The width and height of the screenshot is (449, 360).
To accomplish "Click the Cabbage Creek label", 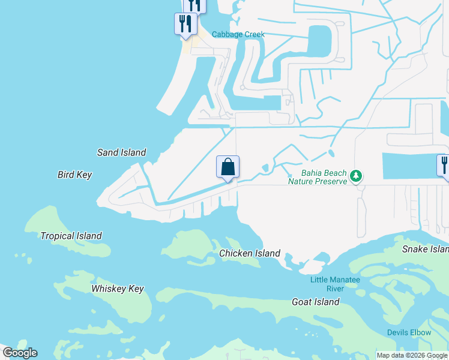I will (x=238, y=34).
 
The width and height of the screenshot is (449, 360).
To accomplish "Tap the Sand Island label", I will (x=121, y=152).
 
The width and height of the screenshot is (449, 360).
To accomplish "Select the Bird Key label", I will (x=74, y=175).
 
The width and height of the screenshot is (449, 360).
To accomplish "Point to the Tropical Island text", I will (x=71, y=236).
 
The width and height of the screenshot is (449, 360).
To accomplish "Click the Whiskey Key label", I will (x=118, y=289).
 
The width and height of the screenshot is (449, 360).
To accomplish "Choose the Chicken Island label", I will (x=250, y=253).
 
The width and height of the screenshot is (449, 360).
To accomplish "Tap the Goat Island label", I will (x=315, y=302).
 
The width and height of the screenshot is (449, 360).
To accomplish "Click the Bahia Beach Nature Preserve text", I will (x=318, y=177).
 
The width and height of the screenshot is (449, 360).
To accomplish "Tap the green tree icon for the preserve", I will (x=357, y=176).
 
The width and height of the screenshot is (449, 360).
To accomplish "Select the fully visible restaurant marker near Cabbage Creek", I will (x=184, y=25).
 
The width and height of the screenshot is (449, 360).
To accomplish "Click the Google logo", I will (x=20, y=353).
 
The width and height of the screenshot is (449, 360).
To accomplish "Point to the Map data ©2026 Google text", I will (x=412, y=355).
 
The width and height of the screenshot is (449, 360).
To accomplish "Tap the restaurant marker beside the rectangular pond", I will (x=444, y=166).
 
